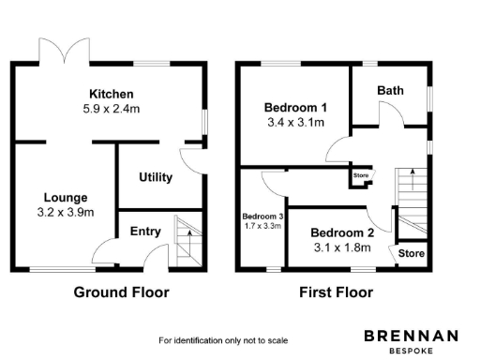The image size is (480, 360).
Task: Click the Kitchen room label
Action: tap(111, 94)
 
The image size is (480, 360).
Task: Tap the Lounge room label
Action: tap(65, 198)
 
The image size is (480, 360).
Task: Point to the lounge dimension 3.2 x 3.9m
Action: tap(65, 212)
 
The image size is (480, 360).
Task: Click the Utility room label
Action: tap(155, 177)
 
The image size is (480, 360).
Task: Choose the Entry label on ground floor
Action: tap(144, 231)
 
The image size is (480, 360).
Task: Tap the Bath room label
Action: tap(390, 91)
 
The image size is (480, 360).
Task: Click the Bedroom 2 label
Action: tap(342, 232)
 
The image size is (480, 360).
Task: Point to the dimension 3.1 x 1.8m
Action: tap(342, 247)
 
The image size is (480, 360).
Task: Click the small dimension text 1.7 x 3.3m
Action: tap(262, 226)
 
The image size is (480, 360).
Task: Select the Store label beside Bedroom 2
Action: tap(412, 254)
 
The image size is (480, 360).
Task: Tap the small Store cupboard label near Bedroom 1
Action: tap(361, 175)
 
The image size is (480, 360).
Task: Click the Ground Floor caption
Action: tap(122, 292)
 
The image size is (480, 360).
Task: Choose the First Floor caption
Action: tap(336, 292)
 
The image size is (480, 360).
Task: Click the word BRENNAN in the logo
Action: tap(411, 335)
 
